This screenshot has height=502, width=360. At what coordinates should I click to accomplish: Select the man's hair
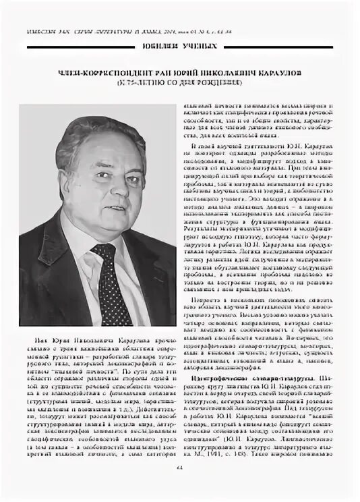(101, 135)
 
